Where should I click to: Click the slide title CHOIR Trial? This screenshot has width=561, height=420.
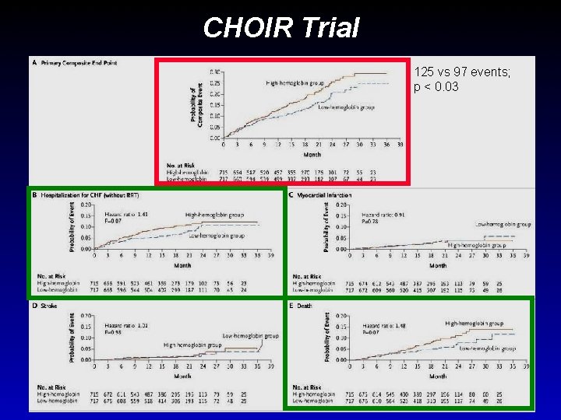(x=280, y=28)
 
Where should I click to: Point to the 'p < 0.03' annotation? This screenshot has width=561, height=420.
(x=437, y=86)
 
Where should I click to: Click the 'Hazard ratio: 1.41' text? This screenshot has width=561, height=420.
(x=126, y=213)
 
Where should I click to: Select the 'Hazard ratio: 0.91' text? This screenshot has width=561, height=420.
(x=383, y=213)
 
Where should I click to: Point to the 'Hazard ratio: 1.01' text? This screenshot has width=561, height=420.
(x=126, y=324)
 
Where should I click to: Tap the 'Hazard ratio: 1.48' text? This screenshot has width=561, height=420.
(x=383, y=324)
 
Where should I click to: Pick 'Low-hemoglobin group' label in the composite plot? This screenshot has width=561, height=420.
(x=347, y=107)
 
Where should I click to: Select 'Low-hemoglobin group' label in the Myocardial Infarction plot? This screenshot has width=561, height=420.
(x=502, y=224)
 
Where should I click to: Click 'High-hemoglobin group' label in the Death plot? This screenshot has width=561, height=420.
(x=474, y=323)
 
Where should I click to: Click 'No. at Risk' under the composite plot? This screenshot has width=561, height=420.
(x=181, y=164)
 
